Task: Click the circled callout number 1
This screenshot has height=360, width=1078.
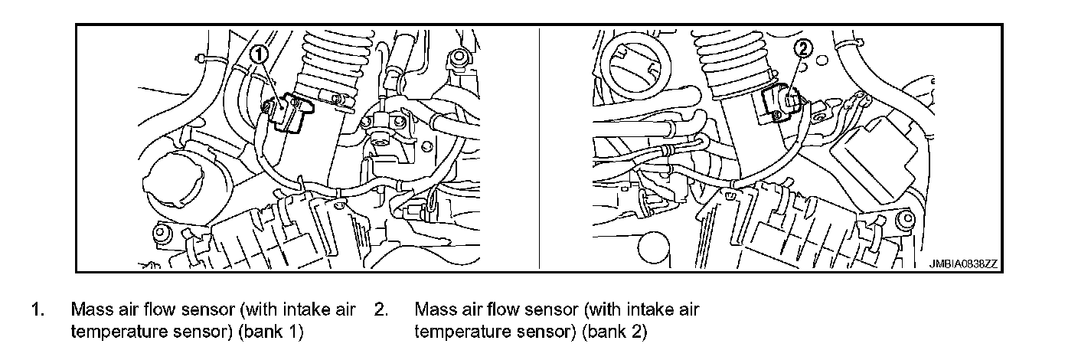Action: [259, 54]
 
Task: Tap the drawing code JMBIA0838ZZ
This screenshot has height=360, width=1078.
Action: [964, 263]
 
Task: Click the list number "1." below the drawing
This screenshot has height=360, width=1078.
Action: [36, 311]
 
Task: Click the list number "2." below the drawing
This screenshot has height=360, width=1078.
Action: [381, 311]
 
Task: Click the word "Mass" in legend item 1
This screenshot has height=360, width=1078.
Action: [88, 311]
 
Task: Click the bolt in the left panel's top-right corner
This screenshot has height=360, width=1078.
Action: [459, 57]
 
